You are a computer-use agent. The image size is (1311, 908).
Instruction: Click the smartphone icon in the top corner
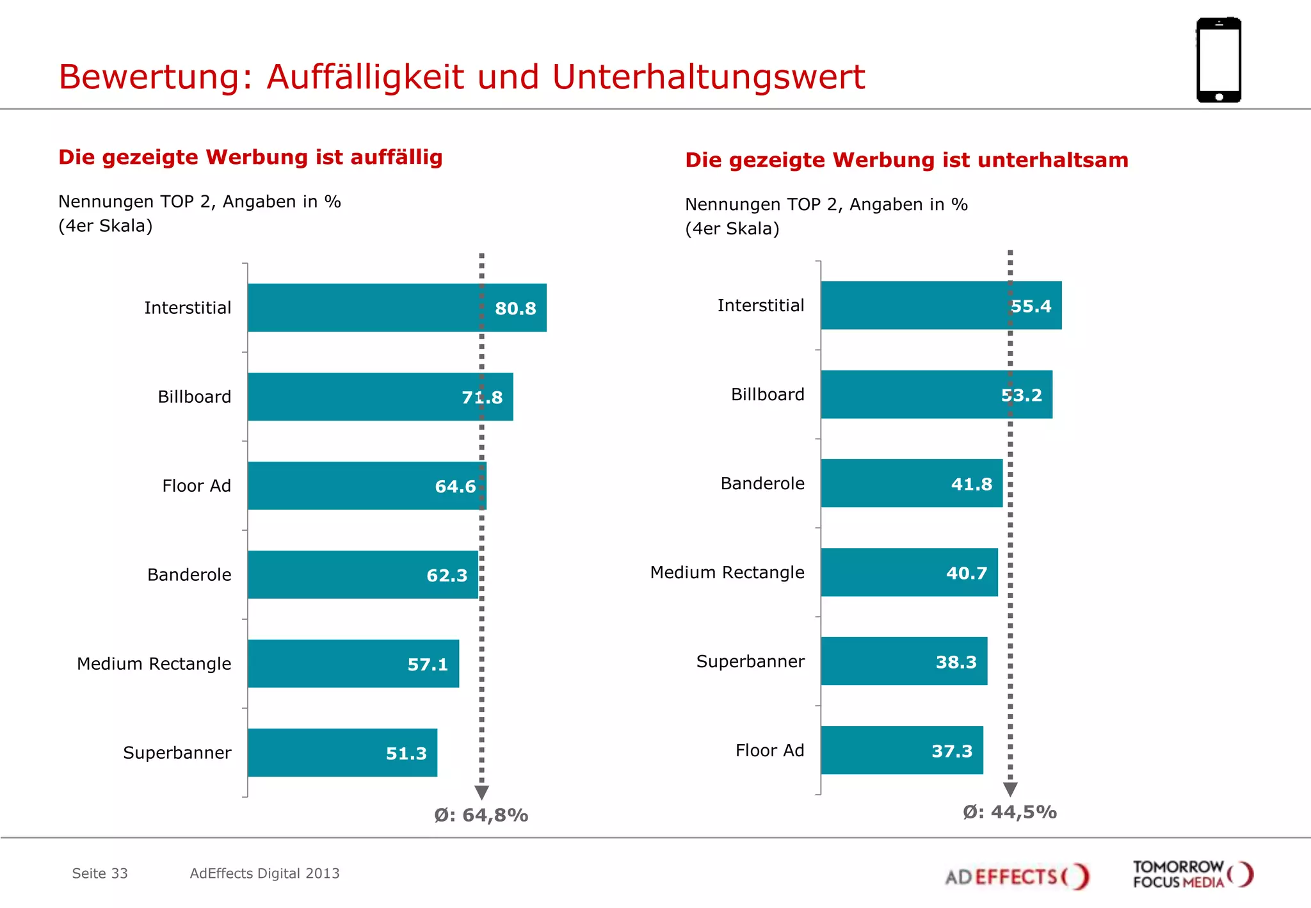tap(1219, 60)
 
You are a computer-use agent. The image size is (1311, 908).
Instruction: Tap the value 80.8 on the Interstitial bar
tap(515, 309)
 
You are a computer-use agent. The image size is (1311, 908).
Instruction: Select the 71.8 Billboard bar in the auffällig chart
tap(380, 397)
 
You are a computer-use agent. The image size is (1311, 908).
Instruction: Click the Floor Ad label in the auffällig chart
tap(197, 486)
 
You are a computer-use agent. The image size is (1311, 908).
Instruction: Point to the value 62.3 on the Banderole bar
tap(447, 576)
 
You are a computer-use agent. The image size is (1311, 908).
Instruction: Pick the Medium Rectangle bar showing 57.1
tap(353, 664)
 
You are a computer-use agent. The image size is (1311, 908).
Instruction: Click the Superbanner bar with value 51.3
tap(342, 753)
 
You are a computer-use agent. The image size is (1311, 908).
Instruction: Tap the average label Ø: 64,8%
tap(481, 815)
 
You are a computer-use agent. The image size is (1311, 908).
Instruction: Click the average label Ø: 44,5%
tap(1009, 813)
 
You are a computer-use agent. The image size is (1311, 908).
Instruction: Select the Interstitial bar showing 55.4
tap(941, 305)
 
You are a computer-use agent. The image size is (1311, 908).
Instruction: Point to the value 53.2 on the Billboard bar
tap(1022, 395)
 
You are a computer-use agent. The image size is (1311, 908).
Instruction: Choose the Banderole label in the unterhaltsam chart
tap(762, 483)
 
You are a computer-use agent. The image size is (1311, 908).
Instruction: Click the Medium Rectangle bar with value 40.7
tap(909, 572)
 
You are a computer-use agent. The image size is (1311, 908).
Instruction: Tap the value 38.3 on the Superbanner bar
tap(956, 662)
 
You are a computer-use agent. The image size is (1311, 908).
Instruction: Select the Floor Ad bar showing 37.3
tap(902, 750)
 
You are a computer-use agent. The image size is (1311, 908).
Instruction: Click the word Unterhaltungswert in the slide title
tap(708, 77)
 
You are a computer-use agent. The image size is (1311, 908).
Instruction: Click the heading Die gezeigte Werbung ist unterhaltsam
tap(906, 160)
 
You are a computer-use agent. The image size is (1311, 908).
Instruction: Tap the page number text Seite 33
tap(100, 873)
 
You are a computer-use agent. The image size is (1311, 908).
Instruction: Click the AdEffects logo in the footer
tap(1017, 876)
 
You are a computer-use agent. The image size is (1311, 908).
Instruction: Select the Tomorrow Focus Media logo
tap(1193, 875)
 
